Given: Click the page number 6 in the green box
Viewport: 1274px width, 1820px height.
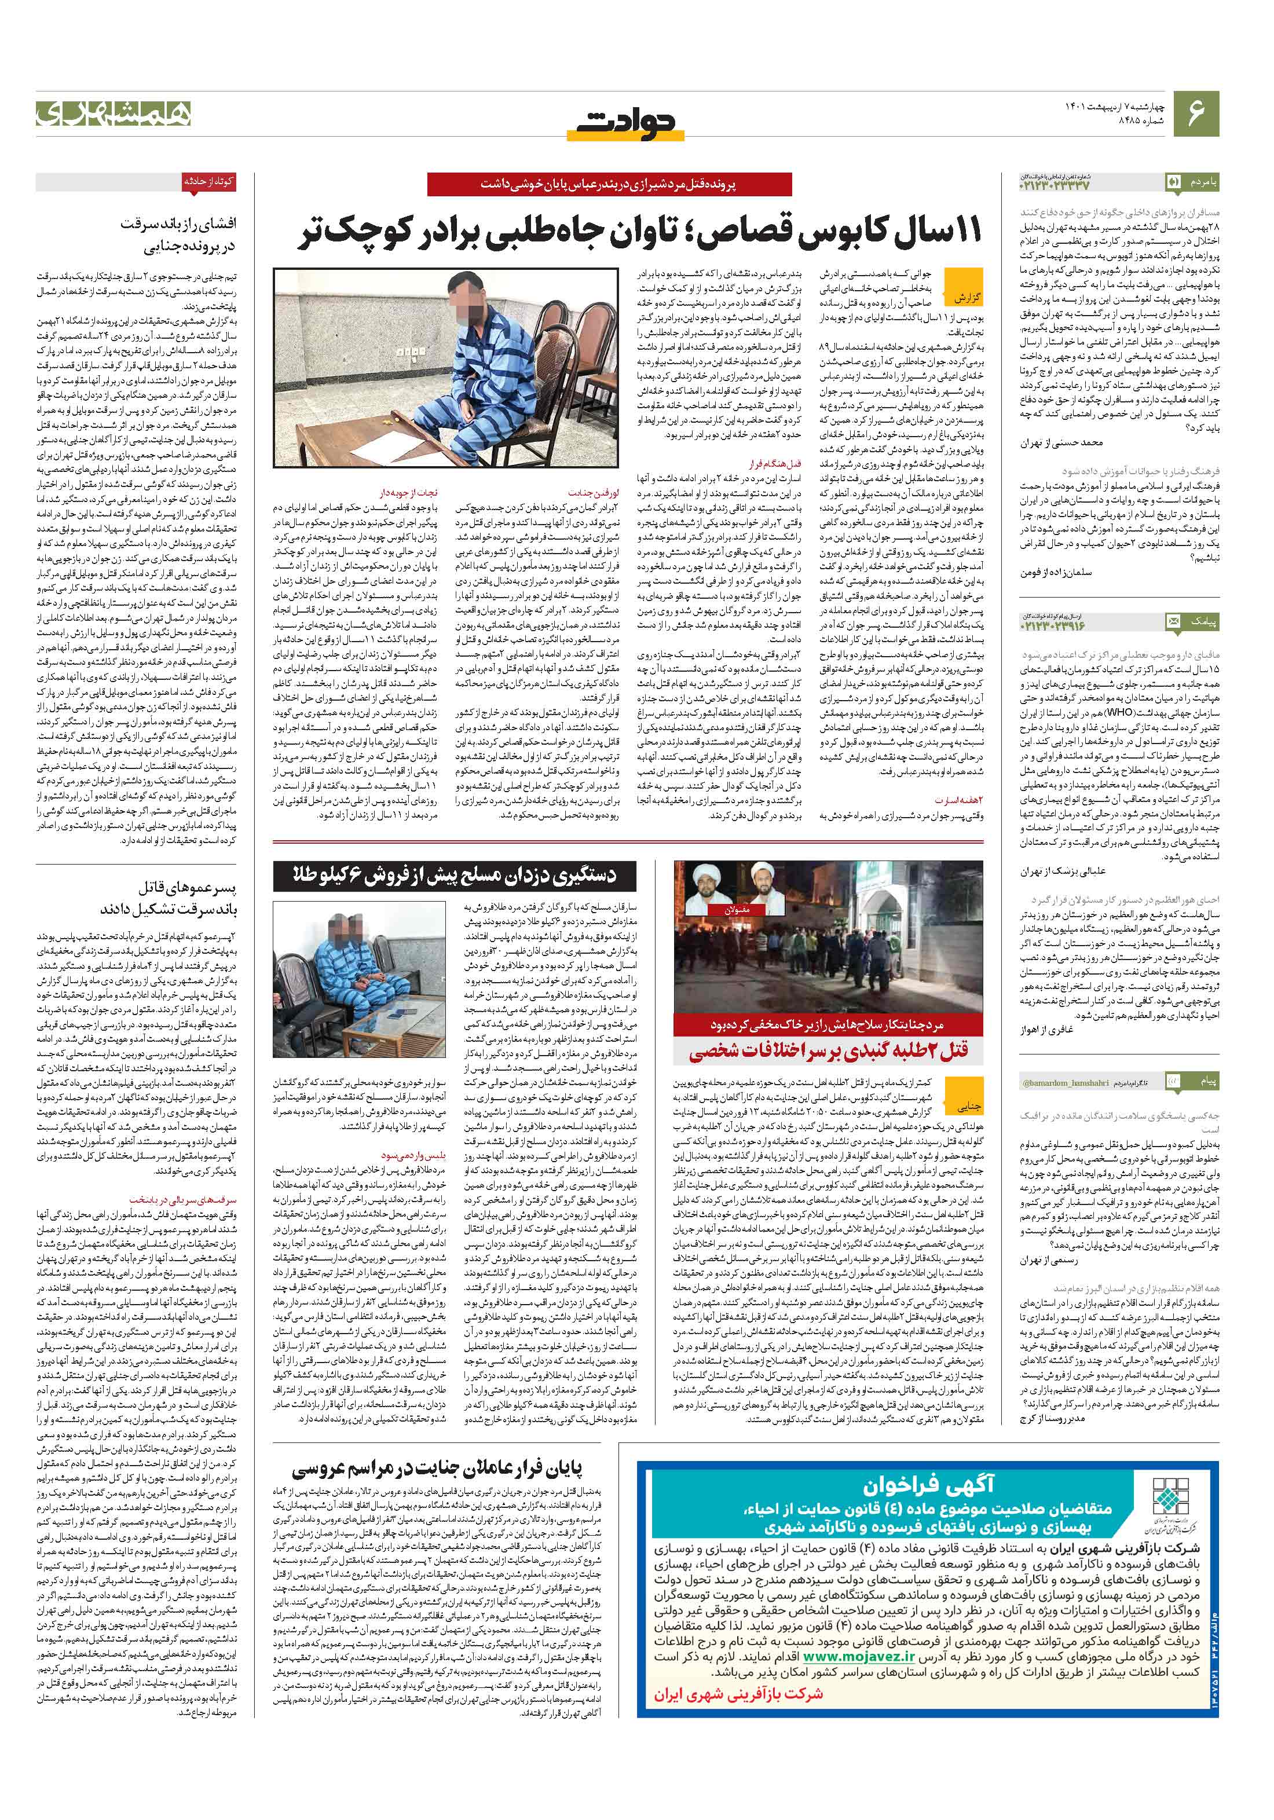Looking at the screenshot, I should (x=1197, y=112).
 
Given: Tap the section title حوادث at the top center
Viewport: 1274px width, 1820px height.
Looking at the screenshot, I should (x=625, y=123).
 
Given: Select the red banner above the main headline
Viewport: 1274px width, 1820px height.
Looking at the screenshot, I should (x=609, y=184).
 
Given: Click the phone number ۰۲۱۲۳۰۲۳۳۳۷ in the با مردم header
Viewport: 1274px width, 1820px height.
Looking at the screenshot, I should (x=1055, y=185).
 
